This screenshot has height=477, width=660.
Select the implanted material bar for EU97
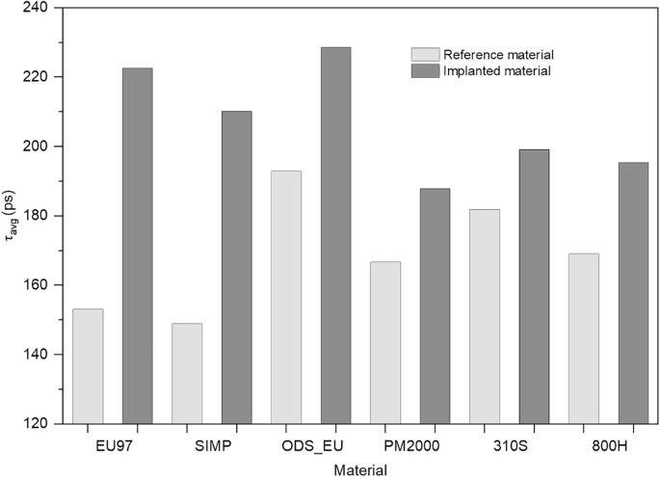(x=137, y=246)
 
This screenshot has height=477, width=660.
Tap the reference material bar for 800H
(x=584, y=338)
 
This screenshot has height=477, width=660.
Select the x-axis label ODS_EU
(x=310, y=444)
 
